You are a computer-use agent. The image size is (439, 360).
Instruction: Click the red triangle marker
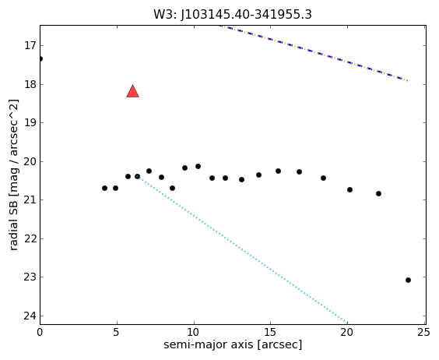point(132,91)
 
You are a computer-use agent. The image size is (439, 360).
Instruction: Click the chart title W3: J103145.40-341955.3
point(233,14)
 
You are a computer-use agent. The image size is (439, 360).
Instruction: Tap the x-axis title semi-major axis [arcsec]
point(233,344)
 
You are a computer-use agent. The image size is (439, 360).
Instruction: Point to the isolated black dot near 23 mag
point(408,280)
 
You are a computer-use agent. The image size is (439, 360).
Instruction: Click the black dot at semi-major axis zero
point(40,58)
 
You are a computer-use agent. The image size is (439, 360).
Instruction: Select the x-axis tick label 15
point(270,333)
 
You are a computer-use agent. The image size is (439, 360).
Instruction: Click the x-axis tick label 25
point(424,333)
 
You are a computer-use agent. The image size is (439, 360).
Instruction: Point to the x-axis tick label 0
point(40,333)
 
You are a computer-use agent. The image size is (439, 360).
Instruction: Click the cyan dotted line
point(242,250)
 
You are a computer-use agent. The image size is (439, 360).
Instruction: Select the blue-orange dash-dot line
point(313,53)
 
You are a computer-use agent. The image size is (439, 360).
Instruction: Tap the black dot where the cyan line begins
point(138,176)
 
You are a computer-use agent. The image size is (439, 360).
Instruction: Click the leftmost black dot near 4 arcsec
point(105,188)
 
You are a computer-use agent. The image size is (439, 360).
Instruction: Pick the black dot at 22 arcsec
point(379,193)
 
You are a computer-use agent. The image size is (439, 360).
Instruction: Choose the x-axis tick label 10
point(194,333)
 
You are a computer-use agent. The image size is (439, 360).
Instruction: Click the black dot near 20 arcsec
point(349,190)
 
